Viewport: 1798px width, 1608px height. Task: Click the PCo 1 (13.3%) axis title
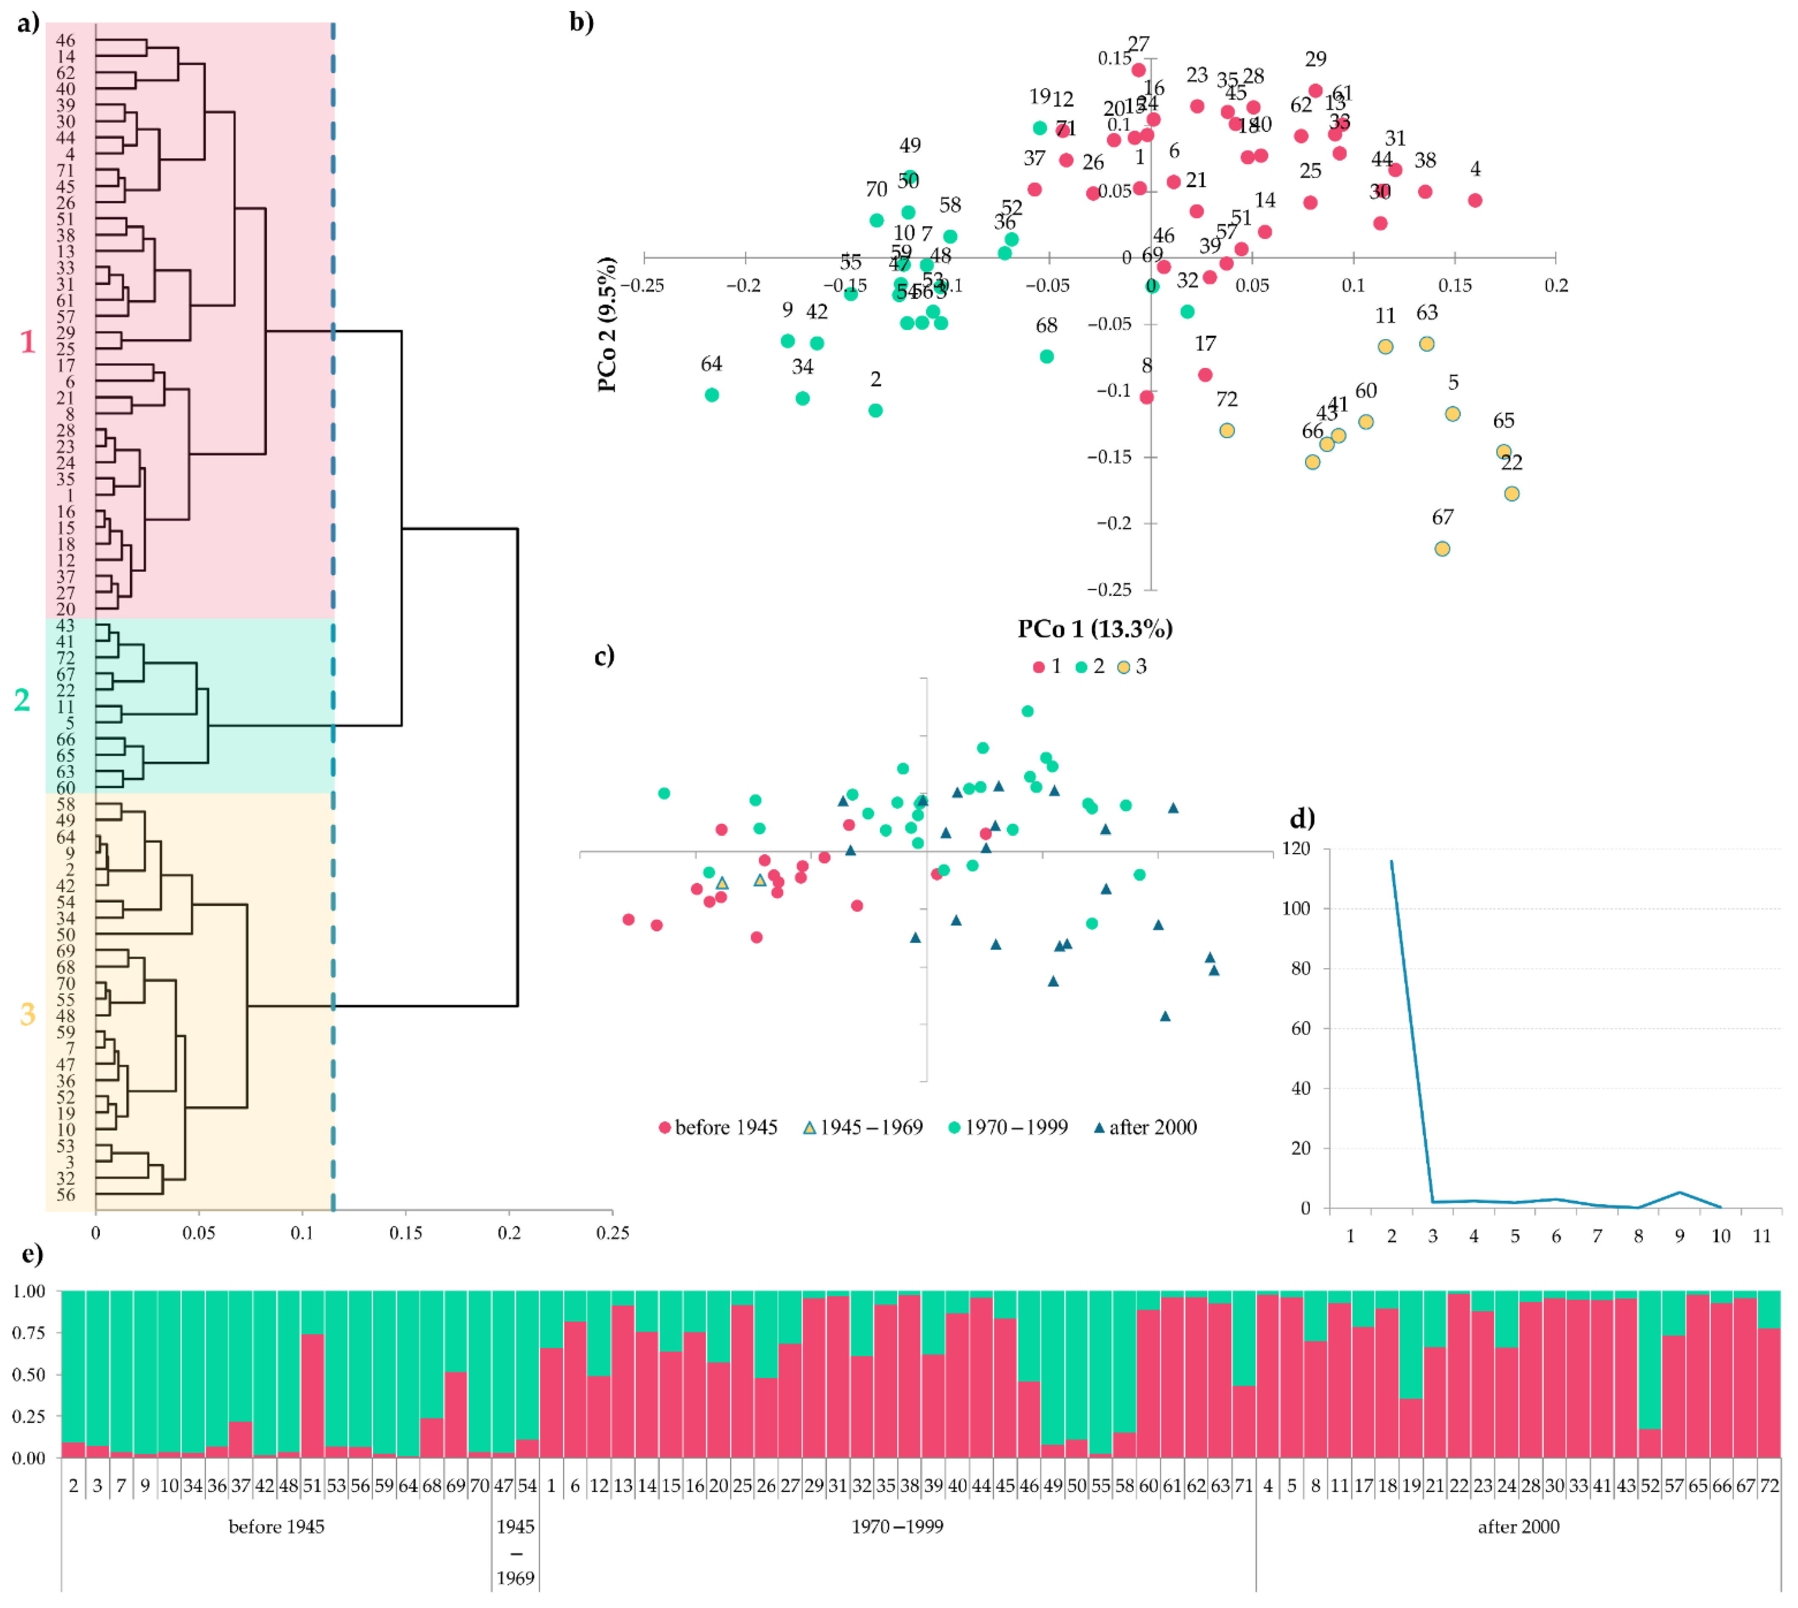(x=1095, y=629)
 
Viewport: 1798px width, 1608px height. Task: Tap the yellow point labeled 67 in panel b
(x=1442, y=549)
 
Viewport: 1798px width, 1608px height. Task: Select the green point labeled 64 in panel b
(x=712, y=395)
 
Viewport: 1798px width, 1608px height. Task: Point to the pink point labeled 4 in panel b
(x=1475, y=200)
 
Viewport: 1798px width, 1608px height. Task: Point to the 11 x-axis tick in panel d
(x=1762, y=1236)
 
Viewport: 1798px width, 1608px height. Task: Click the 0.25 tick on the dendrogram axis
(x=612, y=1232)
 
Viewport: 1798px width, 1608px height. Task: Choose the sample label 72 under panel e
(x=1769, y=1486)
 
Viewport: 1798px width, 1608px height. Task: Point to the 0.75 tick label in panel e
(x=29, y=1332)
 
